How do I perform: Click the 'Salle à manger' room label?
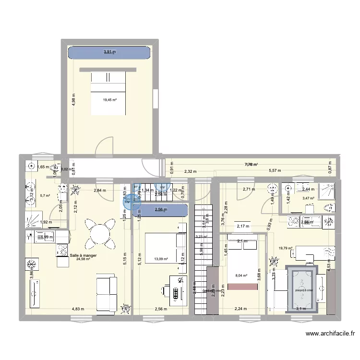click(83, 256)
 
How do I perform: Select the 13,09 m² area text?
click(161, 259)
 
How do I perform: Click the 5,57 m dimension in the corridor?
click(275, 171)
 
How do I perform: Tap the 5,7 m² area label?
click(45, 195)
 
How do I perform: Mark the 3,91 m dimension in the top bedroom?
click(110, 52)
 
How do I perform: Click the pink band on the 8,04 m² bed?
click(244, 287)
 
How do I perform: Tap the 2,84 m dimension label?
click(99, 191)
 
